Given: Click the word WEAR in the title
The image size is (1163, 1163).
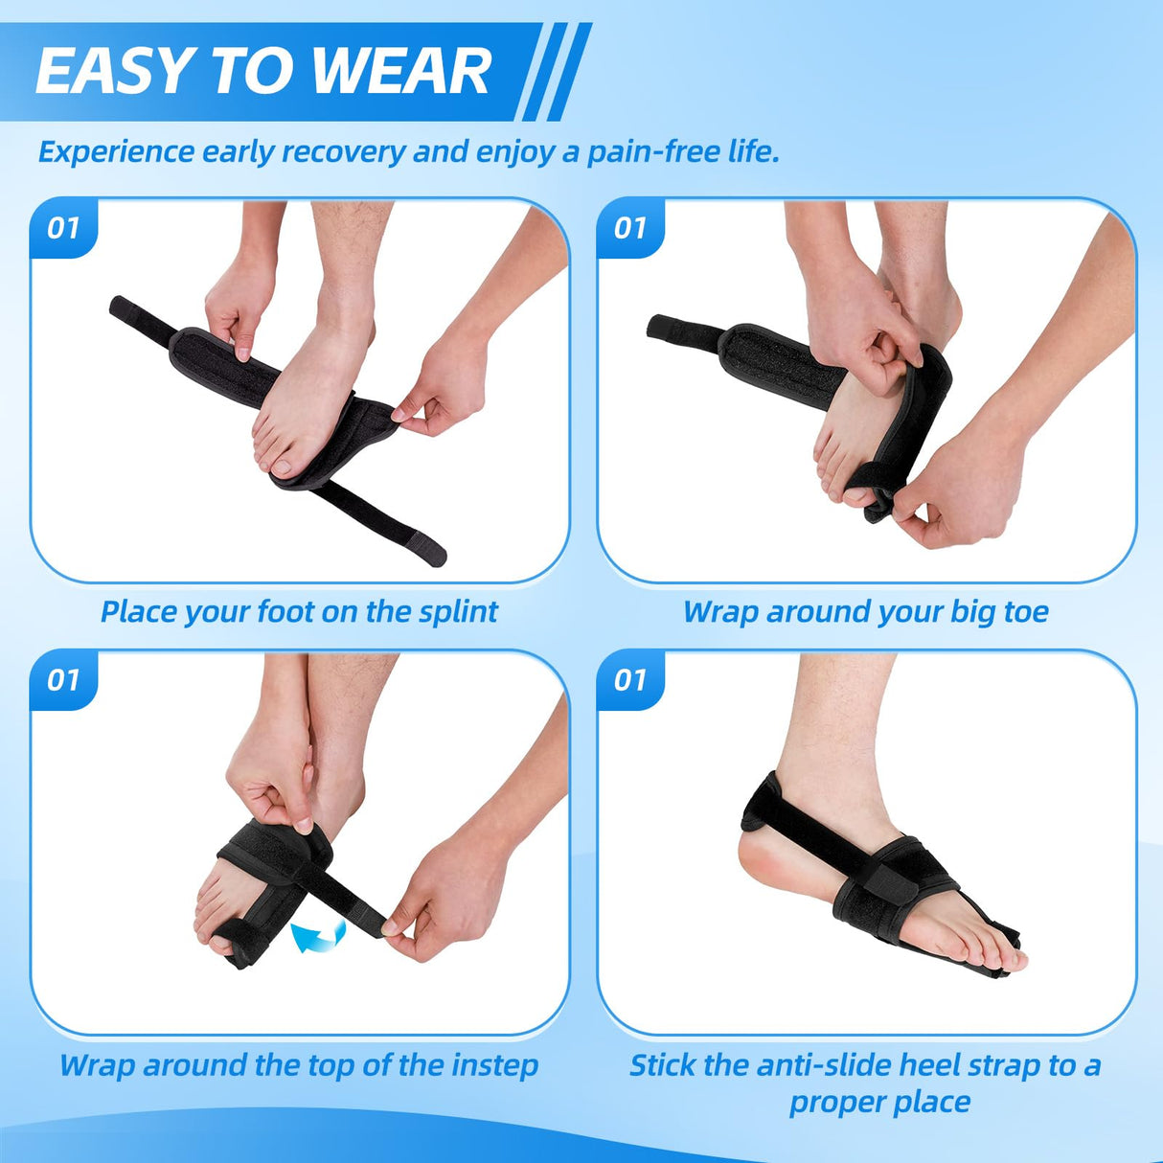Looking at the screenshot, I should click(401, 72).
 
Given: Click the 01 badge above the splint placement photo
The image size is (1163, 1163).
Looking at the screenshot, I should click(63, 228).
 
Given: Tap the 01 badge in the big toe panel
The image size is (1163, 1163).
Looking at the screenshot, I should click(630, 228).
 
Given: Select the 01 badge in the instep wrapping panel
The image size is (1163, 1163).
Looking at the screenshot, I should click(63, 680).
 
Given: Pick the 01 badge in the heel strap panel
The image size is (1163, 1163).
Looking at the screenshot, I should click(630, 680).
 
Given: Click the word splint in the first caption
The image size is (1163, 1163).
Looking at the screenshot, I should click(458, 611).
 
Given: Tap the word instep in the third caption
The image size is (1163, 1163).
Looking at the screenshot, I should click(494, 1064).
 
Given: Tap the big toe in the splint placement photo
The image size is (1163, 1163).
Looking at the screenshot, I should click(284, 463).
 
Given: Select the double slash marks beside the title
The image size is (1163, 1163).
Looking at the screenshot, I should click(556, 72).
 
